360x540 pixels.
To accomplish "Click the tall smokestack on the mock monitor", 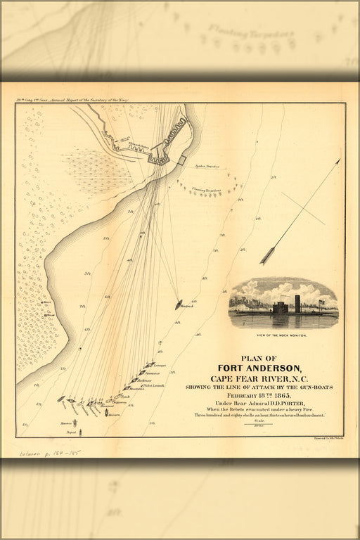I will pos(297,304).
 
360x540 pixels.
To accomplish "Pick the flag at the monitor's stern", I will pos(322,304).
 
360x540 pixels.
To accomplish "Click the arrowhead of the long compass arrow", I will pos(338,162).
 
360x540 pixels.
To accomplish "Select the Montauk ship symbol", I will pos(179,305).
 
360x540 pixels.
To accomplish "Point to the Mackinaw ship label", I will pos(143,380).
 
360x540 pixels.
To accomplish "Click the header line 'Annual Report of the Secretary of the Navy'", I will pos(91,101).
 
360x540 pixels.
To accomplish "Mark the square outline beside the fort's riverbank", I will pos(181,160).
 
